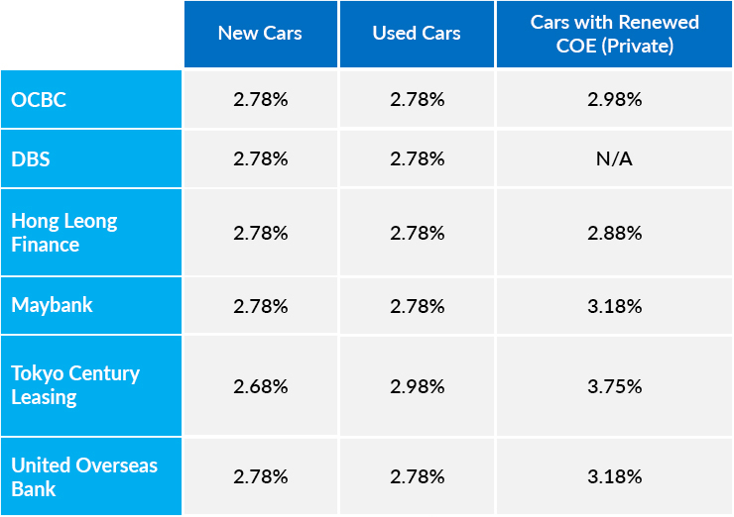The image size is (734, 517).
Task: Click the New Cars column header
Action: tap(260, 34)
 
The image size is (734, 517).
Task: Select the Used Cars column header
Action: tap(417, 34)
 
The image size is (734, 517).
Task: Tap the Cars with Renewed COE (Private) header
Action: tap(615, 34)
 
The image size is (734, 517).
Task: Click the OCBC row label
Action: tap(39, 100)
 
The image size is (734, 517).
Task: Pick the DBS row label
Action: tap(31, 159)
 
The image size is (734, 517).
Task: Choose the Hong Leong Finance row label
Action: tap(64, 233)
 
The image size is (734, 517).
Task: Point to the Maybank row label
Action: tap(52, 305)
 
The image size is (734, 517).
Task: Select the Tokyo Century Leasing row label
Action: tap(75, 385)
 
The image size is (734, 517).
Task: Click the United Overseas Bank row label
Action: tap(84, 476)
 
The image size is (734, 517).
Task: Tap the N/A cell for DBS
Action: tap(614, 159)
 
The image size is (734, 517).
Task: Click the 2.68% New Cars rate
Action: tap(261, 386)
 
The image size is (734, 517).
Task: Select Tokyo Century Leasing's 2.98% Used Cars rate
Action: tap(417, 386)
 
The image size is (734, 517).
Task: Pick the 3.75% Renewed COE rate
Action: tap(615, 386)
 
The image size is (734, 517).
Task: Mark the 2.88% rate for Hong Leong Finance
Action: tap(615, 234)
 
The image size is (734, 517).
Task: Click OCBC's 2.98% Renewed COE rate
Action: tap(615, 100)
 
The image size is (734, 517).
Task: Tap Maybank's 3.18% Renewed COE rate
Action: tap(615, 306)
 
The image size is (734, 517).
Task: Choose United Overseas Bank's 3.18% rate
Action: tap(615, 476)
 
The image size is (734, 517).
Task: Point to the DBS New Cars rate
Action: tap(261, 159)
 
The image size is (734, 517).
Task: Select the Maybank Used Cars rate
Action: tap(417, 306)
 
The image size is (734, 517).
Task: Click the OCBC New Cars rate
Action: tap(261, 100)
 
